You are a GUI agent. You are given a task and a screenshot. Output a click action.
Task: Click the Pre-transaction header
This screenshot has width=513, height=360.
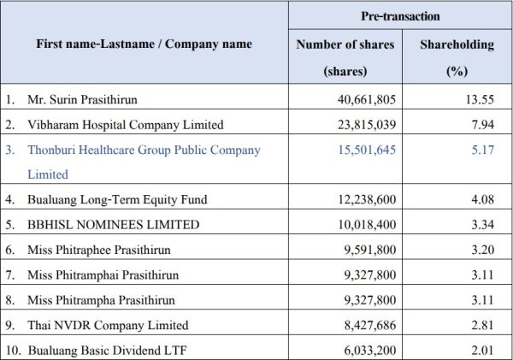(400, 16)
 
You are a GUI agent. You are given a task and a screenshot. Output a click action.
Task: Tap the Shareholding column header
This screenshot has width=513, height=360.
(458, 44)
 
